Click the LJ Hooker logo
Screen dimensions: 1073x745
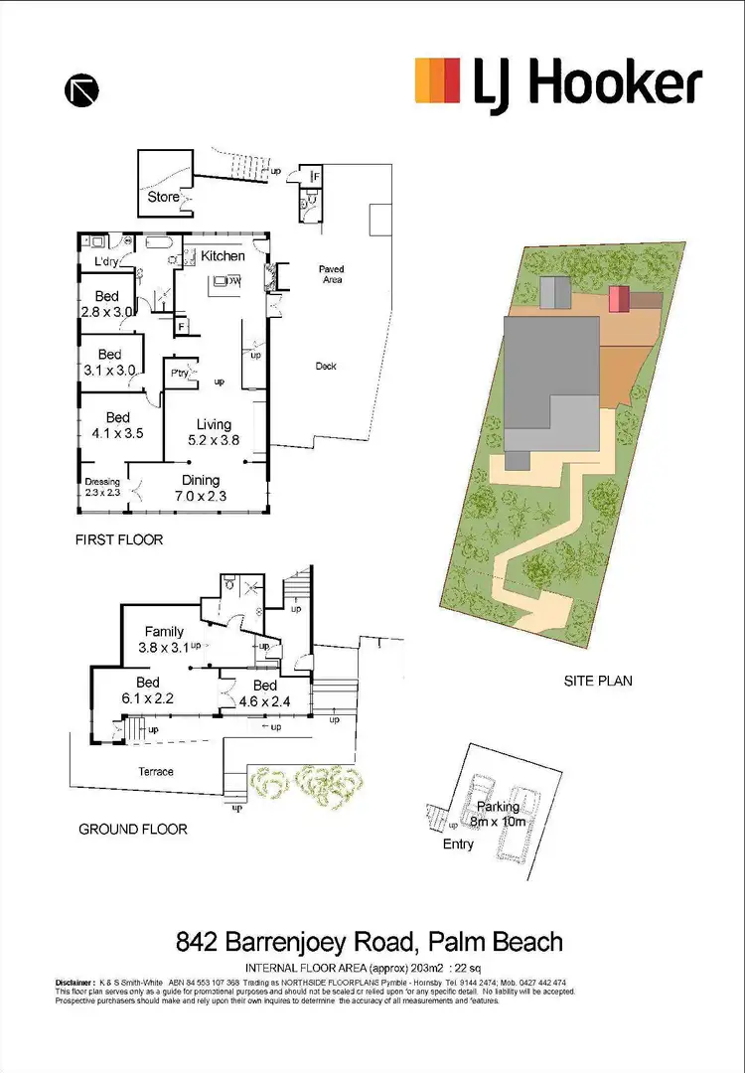558,81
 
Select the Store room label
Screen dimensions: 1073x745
164,197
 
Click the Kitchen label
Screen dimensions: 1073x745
223,255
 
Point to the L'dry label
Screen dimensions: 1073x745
108,262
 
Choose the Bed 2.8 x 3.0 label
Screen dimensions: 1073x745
107,303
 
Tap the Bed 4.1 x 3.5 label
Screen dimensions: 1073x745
117,425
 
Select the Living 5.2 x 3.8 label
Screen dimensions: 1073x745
214,432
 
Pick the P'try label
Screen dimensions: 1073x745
180,374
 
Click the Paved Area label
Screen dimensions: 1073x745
332,274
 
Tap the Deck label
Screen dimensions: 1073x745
326,366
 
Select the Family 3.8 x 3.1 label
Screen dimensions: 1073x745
165,638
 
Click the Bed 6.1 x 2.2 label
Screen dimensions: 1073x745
148,690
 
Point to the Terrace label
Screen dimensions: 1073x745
156,771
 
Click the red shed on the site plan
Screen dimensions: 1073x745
619,298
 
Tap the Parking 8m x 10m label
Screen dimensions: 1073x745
498,814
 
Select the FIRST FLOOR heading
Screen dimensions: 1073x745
118,540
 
